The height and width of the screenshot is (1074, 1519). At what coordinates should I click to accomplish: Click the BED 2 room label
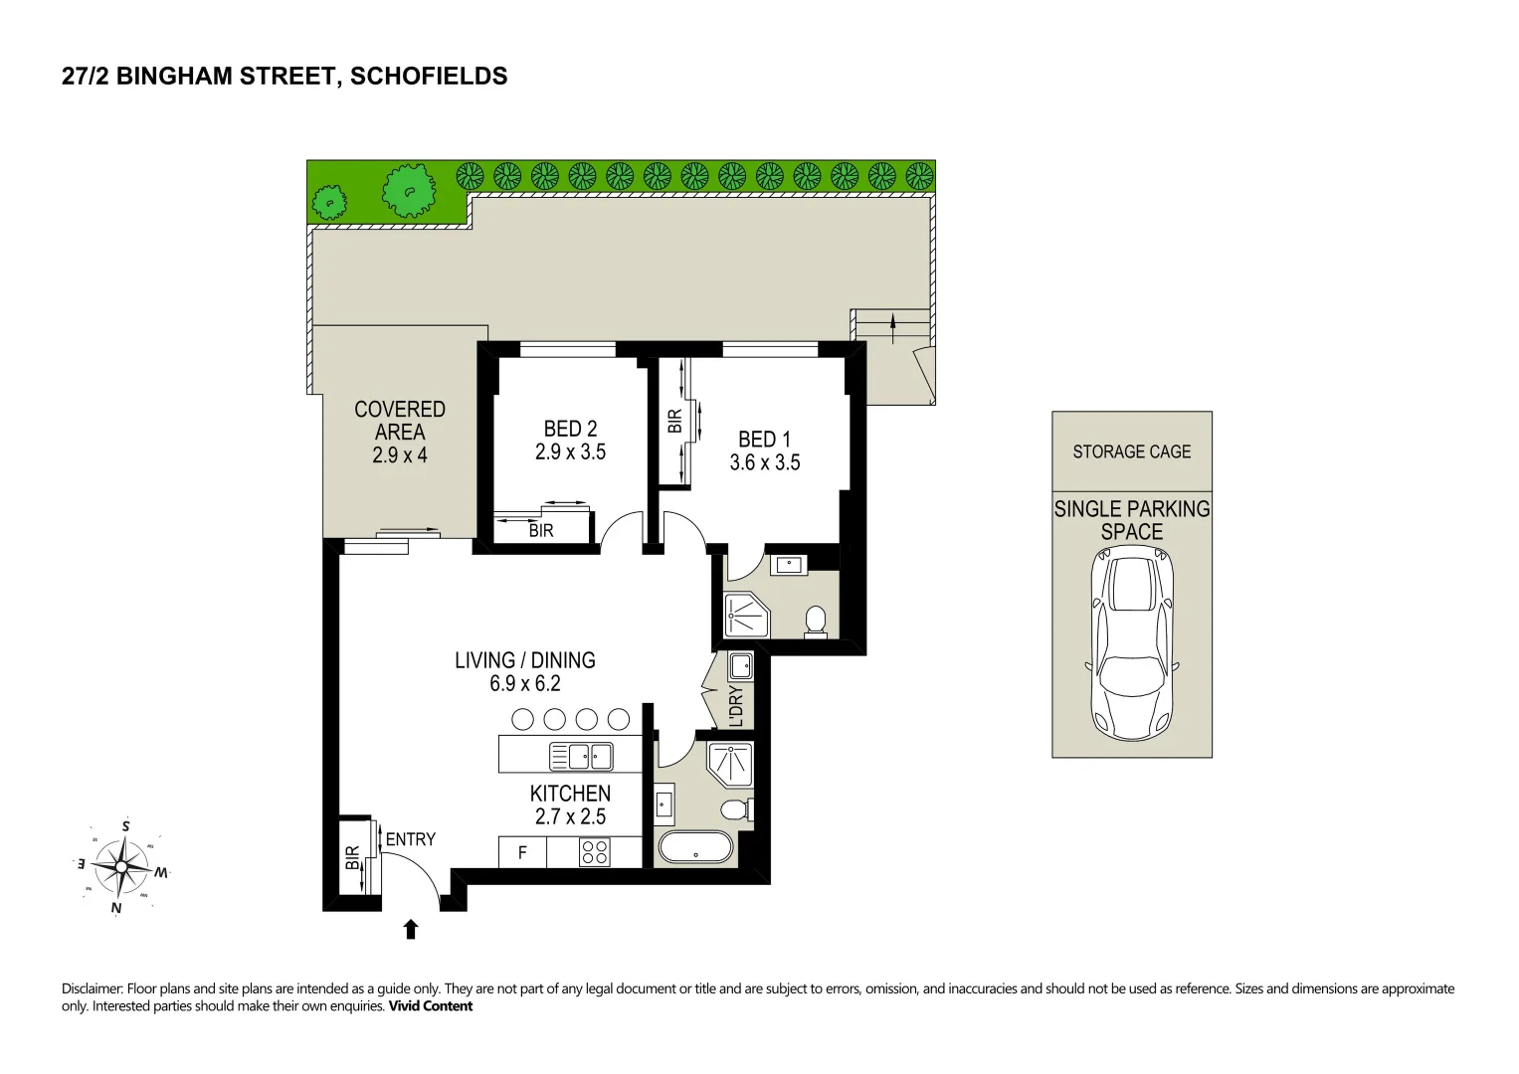click(x=570, y=429)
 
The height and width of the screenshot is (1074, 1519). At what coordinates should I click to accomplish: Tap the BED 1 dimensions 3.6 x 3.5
click(x=765, y=462)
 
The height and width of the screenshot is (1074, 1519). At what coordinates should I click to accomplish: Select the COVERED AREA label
click(x=400, y=421)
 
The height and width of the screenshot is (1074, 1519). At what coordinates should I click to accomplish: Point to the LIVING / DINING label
click(x=525, y=659)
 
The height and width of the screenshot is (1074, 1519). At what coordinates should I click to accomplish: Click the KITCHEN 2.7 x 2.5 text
click(x=570, y=805)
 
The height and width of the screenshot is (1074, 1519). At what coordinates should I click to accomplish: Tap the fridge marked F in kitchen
click(x=522, y=852)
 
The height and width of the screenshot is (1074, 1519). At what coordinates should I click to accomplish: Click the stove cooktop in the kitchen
click(x=595, y=852)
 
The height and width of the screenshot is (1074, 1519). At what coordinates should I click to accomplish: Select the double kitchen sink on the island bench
click(x=581, y=756)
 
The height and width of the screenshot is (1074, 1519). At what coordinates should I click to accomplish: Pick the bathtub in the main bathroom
click(x=695, y=847)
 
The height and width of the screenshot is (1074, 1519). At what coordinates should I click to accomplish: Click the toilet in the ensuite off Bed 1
click(x=816, y=622)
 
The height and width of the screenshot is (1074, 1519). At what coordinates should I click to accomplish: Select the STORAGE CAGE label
click(x=1132, y=451)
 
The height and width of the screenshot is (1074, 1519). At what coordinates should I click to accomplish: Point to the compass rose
click(x=120, y=866)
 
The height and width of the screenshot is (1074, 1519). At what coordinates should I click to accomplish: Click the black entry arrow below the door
click(x=410, y=930)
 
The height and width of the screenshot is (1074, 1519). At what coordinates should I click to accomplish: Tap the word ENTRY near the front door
click(x=410, y=839)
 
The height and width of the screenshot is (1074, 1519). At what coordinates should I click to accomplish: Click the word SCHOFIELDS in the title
click(x=429, y=76)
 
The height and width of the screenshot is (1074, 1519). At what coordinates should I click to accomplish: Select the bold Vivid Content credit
click(x=431, y=1006)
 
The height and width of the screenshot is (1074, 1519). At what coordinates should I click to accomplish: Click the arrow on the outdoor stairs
click(x=893, y=329)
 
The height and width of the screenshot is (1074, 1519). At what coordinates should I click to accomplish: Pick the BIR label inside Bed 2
click(x=541, y=531)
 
